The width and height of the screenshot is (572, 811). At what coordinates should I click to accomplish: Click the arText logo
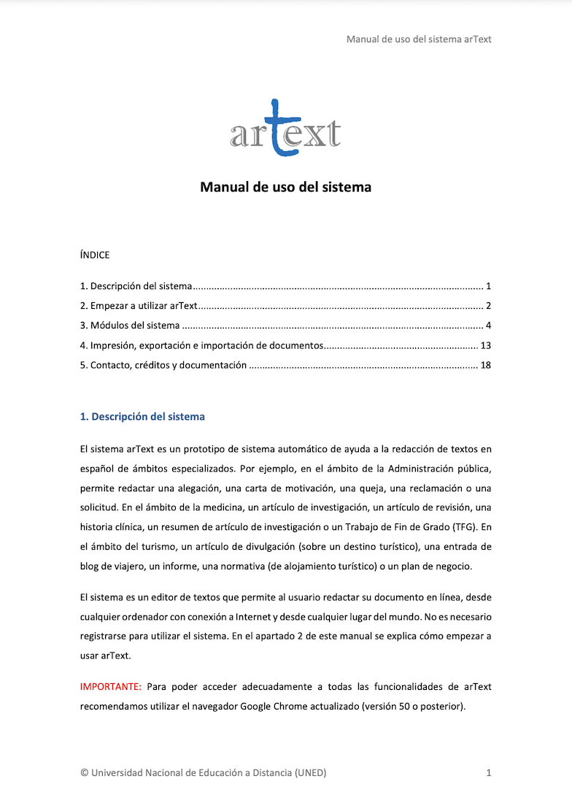[x=285, y=129]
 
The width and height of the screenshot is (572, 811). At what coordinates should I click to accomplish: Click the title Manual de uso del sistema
[x=285, y=188]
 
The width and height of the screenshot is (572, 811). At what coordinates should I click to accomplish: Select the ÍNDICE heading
[x=95, y=255]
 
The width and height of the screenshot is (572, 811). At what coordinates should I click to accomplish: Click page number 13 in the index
[x=486, y=345]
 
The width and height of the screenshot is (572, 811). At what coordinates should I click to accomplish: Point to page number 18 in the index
[x=486, y=365]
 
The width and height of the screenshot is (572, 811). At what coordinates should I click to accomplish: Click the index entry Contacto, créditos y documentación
[x=163, y=365]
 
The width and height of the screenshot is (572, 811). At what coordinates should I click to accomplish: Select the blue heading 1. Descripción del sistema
[x=142, y=417]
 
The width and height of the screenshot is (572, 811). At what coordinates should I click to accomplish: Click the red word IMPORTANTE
[x=110, y=687]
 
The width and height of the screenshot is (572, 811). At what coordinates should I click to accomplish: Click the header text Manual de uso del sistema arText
[x=419, y=39]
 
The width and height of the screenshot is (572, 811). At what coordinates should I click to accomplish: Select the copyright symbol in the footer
[x=84, y=772]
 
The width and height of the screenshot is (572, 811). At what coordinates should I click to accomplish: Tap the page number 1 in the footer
[x=489, y=772]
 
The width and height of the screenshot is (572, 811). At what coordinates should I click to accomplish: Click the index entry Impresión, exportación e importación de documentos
[x=201, y=345]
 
